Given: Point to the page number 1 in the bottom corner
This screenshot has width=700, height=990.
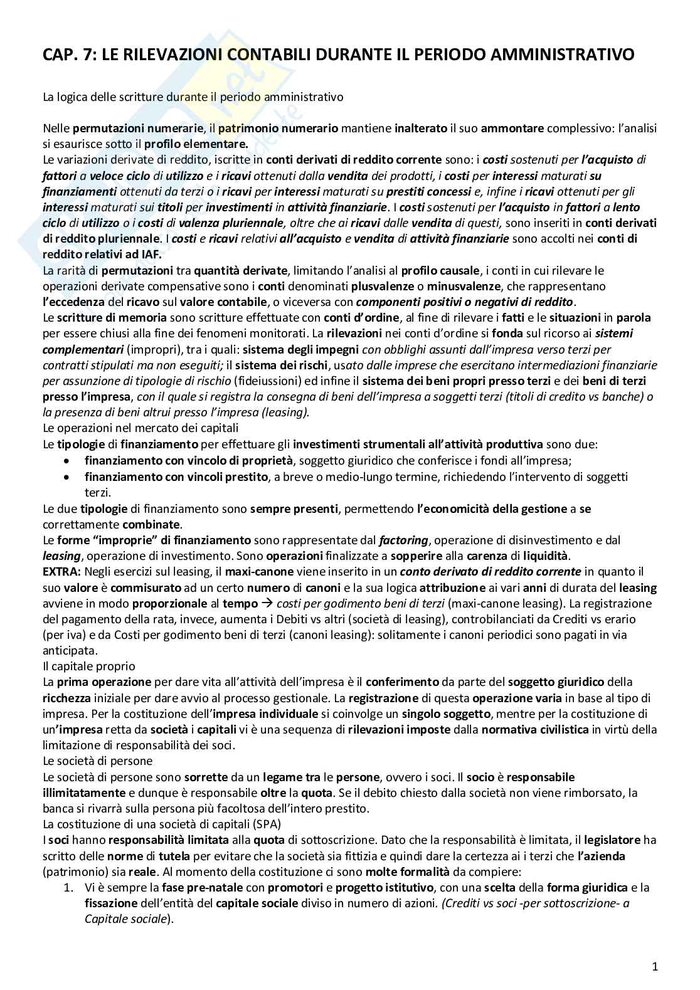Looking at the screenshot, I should tap(655, 966).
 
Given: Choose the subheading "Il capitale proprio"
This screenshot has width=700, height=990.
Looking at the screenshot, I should tap(88, 666).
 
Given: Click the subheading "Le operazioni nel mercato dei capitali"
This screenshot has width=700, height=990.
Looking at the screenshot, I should tap(141, 428).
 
